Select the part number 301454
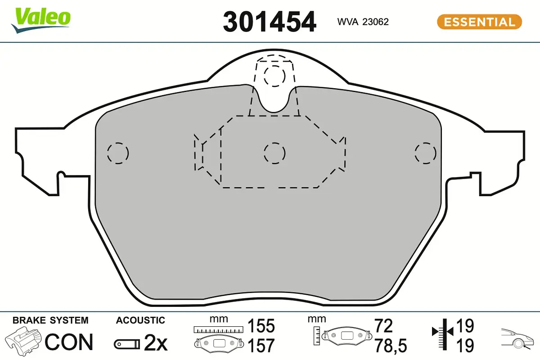[x=270, y=21]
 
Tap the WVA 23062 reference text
[x=363, y=22]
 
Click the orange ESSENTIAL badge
[x=479, y=22]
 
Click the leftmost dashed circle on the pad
[x=118, y=153]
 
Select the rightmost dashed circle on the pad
[x=426, y=153]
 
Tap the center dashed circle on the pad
[x=274, y=153]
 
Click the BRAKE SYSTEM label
[x=50, y=320]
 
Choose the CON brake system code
[x=69, y=342]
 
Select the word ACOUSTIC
[x=140, y=320]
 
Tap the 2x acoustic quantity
[x=155, y=344]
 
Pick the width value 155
[x=261, y=326]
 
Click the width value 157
[x=261, y=346]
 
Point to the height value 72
[x=383, y=326]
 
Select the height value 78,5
[x=390, y=346]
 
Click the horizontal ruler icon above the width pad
[x=218, y=330]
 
